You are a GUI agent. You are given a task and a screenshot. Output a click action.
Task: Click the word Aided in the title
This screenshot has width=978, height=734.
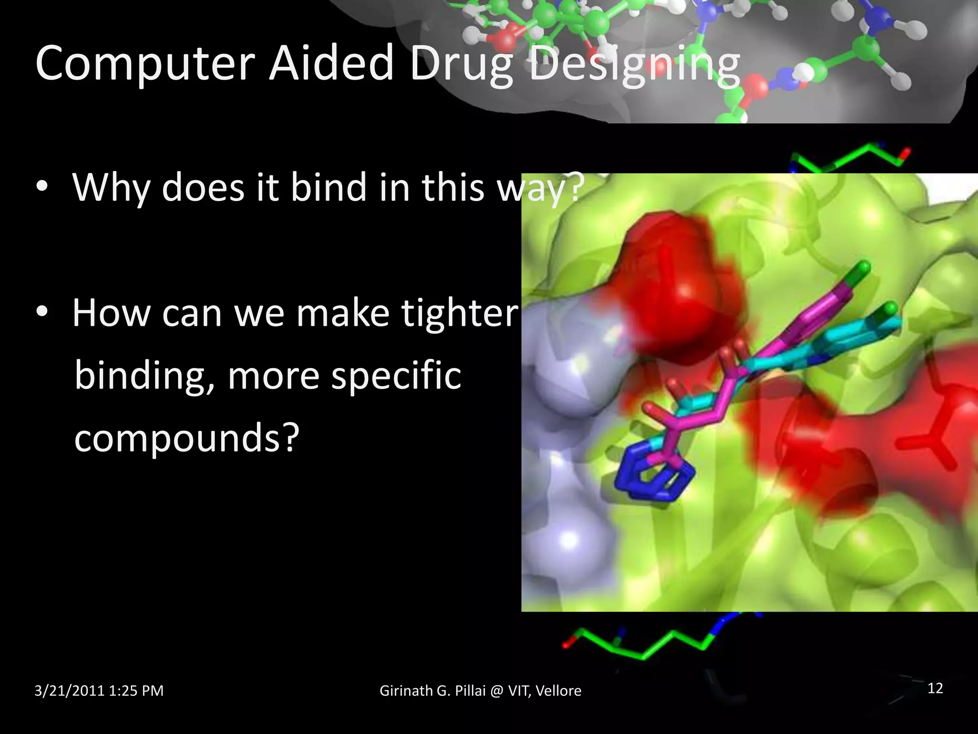point(331,63)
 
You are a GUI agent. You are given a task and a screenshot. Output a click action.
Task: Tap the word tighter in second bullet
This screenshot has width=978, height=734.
point(459,313)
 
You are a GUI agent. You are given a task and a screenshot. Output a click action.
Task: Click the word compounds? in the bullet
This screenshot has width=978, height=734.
point(187,438)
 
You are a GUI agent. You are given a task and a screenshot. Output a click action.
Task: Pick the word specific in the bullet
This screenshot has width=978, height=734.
point(396,376)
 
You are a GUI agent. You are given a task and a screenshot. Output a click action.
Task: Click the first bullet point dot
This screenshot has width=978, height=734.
point(42,187)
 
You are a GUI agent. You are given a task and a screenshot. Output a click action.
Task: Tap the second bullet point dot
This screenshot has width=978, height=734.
point(42,313)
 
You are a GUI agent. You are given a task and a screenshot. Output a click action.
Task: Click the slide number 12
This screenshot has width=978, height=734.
point(935,688)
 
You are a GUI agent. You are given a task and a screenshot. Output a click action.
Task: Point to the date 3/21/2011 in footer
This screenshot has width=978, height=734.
point(69,691)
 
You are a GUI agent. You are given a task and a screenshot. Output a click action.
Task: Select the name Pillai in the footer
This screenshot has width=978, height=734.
point(470,691)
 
